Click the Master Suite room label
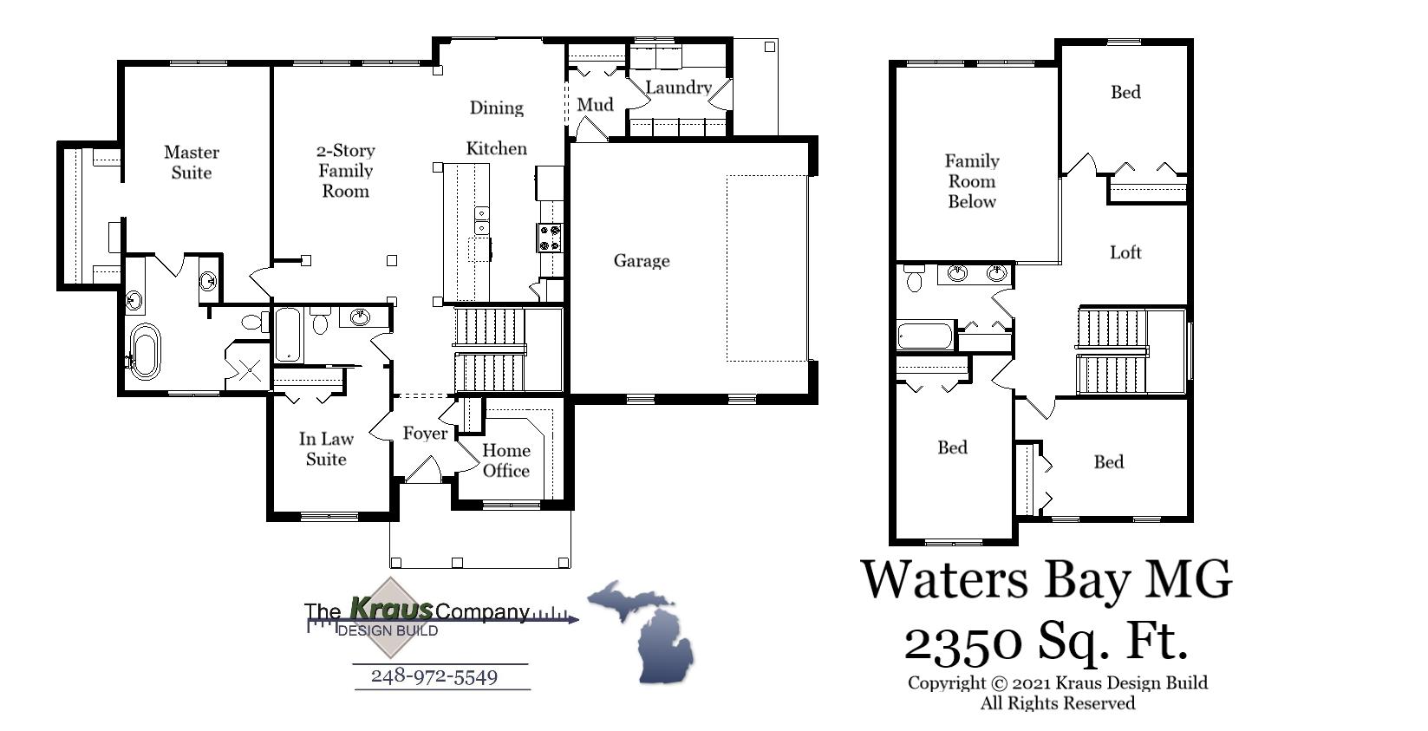pyautogui.click(x=192, y=162)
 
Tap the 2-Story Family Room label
pyautogui.click(x=345, y=171)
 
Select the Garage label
pyautogui.click(x=642, y=261)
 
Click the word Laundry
pyautogui.click(x=678, y=88)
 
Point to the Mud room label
pyautogui.click(x=596, y=105)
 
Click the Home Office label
pyautogui.click(x=506, y=460)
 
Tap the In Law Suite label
pyautogui.click(x=326, y=449)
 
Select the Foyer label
pyautogui.click(x=425, y=433)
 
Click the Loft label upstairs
pyautogui.click(x=1125, y=252)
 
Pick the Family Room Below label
pyautogui.click(x=972, y=181)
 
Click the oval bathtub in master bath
pyautogui.click(x=145, y=351)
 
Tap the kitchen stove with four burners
pyautogui.click(x=551, y=238)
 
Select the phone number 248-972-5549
pyautogui.click(x=434, y=676)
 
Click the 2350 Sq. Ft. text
pyautogui.click(x=1046, y=643)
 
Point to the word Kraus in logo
pyautogui.click(x=390, y=609)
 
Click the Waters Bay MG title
pyautogui.click(x=1046, y=579)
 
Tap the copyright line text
pyautogui.click(x=1058, y=682)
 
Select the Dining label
pyautogui.click(x=497, y=108)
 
